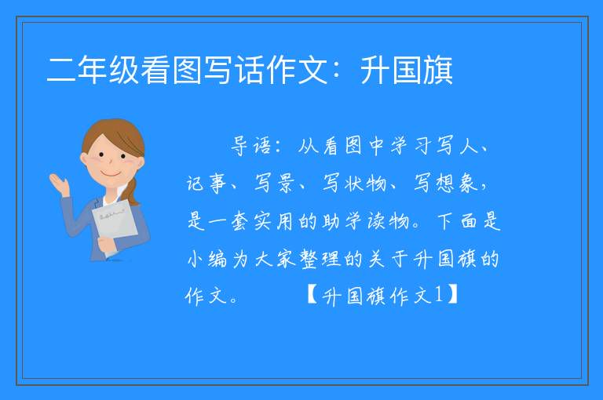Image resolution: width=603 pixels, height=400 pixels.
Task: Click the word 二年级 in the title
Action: click(93, 70)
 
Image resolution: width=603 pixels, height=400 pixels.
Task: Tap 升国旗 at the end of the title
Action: click(407, 70)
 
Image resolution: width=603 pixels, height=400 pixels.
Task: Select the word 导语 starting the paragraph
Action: click(250, 146)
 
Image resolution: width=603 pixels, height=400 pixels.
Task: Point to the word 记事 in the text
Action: click(206, 183)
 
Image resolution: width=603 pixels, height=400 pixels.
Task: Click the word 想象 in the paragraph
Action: click(456, 183)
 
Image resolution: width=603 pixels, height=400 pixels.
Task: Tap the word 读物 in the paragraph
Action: click(388, 221)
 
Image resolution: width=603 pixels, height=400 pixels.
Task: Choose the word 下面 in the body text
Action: click(457, 221)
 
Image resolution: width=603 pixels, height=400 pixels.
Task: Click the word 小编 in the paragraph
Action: click(206, 259)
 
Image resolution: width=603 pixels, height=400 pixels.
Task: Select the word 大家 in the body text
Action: click(275, 259)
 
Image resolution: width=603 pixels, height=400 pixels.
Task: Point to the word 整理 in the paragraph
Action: click(320, 259)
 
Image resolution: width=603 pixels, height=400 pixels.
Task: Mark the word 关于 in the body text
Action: click(388, 259)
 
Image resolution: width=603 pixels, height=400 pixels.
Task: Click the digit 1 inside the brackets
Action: click(440, 295)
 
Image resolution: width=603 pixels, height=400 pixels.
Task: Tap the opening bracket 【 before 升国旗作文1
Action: click(312, 296)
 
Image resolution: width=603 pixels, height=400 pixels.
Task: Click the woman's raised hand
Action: click(60, 184)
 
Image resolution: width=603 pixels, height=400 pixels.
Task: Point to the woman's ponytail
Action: click(131, 191)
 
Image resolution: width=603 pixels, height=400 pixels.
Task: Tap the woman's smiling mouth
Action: click(110, 174)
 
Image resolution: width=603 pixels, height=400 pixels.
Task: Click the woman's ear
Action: click(84, 159)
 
